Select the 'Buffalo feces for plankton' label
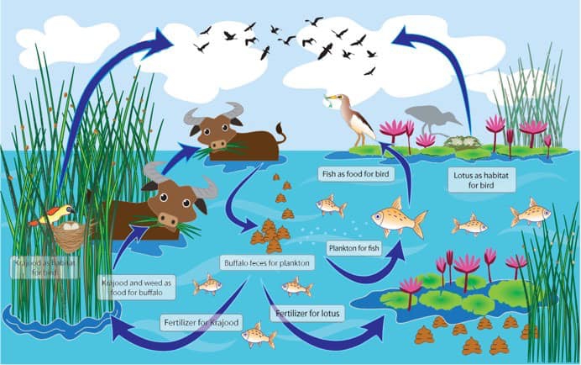pos(266,263)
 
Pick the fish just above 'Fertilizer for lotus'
pos(296,287)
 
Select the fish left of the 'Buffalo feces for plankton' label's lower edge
pos(207,284)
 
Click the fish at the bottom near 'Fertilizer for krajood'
pos(258,335)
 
